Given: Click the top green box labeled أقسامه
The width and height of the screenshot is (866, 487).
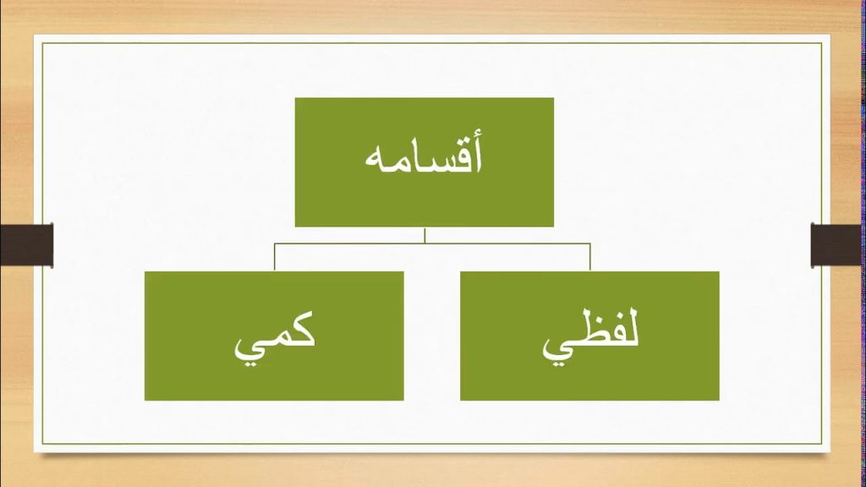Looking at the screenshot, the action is tap(425, 162).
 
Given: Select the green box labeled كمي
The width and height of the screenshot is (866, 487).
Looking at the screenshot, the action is tap(274, 336).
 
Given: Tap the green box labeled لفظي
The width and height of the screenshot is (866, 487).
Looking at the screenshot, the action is tap(589, 336).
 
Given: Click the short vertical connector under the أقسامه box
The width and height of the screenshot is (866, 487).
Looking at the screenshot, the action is tap(425, 235).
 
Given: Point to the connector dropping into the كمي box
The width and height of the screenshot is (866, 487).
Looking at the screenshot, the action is tap(275, 257).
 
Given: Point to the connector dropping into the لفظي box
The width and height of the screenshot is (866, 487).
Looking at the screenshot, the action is tap(589, 257).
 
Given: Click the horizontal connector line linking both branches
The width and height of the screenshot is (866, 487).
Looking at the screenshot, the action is tap(432, 243).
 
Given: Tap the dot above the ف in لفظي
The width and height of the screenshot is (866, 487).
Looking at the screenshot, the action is tap(611, 318).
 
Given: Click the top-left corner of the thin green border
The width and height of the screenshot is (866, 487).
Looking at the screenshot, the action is tap(42, 43).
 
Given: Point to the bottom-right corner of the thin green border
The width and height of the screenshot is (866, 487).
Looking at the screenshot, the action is tap(822, 444).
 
